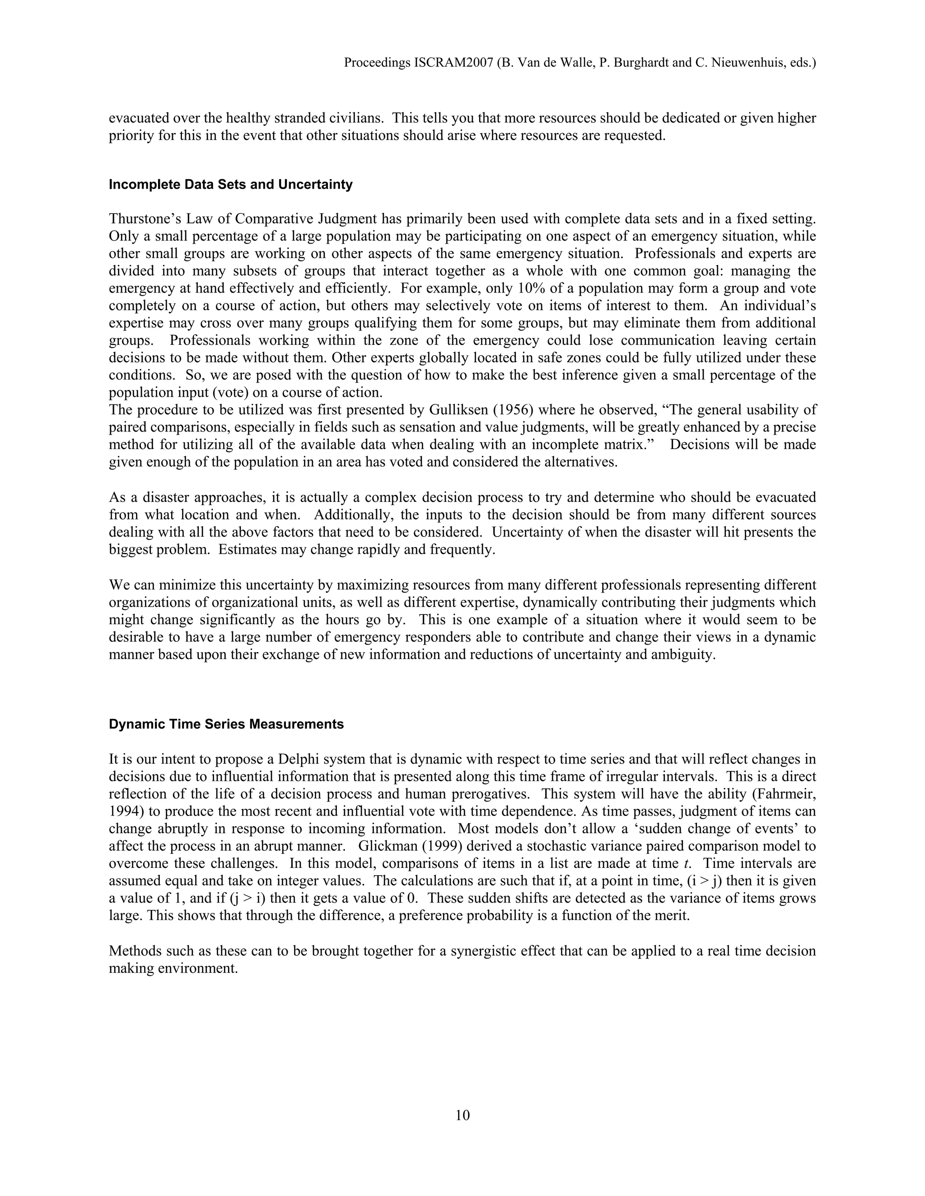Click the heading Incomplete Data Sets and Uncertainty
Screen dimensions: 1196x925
tap(231, 185)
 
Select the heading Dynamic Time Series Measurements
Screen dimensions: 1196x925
tap(226, 724)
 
